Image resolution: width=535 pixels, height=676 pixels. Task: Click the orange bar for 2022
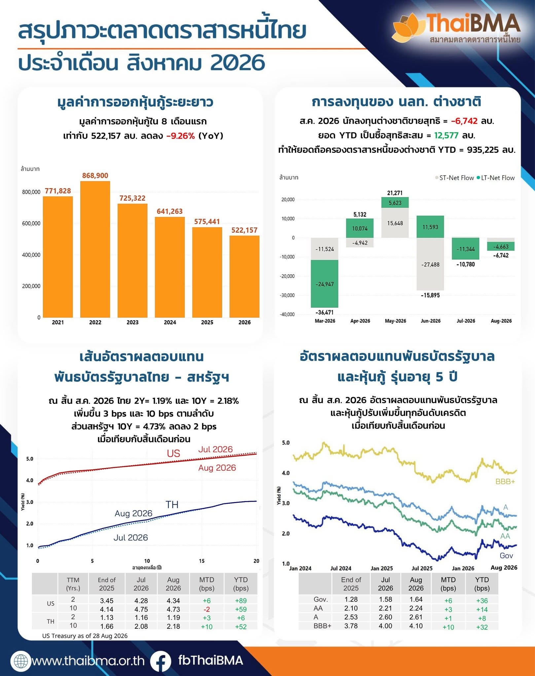[x=95, y=249]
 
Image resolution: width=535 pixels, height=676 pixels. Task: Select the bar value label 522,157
[x=244, y=230]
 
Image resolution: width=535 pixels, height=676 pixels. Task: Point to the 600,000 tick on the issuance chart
[x=31, y=223]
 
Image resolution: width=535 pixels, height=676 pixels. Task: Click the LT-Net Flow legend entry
[x=496, y=178]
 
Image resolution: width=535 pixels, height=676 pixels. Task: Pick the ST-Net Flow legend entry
[x=454, y=178]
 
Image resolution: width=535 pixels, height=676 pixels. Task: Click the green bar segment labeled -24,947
[x=325, y=284]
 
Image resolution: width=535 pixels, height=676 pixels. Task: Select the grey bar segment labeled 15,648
[x=395, y=223]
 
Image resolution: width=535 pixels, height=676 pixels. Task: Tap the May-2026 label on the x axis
[x=395, y=321]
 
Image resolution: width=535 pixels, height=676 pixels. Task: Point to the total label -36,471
[x=325, y=312]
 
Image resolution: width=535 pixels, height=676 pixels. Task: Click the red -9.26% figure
[x=181, y=136]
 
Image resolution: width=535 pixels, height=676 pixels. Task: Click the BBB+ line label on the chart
[x=505, y=482]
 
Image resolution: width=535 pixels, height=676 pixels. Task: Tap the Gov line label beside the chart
[x=506, y=556]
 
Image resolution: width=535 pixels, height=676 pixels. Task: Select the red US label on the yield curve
[x=173, y=454]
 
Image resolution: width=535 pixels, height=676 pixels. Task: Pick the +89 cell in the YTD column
[x=241, y=600]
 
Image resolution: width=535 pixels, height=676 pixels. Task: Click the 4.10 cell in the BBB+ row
[x=416, y=626]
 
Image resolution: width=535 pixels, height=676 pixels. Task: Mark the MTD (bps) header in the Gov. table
[x=448, y=584]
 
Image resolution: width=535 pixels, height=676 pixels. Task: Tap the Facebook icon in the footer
[x=160, y=660]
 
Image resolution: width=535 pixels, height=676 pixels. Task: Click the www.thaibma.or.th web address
[x=88, y=661]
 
